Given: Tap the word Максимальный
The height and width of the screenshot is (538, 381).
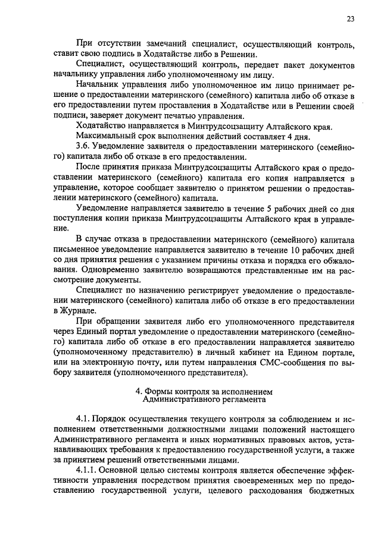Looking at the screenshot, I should point(107,136).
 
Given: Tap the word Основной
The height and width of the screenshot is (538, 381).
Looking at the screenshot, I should point(127,470).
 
